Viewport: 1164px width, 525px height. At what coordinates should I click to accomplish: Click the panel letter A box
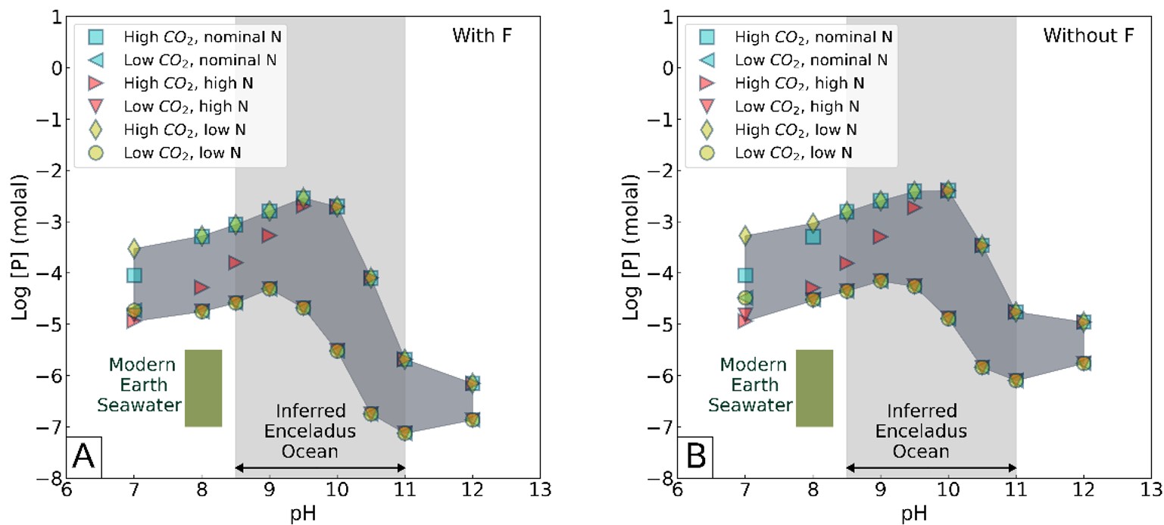[83, 458]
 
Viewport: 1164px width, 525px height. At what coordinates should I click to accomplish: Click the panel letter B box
[695, 458]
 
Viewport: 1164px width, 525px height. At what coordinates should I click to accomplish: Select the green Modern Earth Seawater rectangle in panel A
[203, 388]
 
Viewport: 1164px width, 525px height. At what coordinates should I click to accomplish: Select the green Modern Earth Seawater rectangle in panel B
[814, 388]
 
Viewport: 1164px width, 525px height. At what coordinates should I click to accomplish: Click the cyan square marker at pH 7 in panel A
[134, 275]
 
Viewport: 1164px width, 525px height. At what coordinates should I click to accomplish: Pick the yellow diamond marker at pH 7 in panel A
[134, 248]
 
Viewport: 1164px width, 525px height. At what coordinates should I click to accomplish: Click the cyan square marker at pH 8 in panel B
[813, 236]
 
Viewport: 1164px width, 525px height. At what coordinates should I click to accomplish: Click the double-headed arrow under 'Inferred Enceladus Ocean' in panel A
[320, 467]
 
